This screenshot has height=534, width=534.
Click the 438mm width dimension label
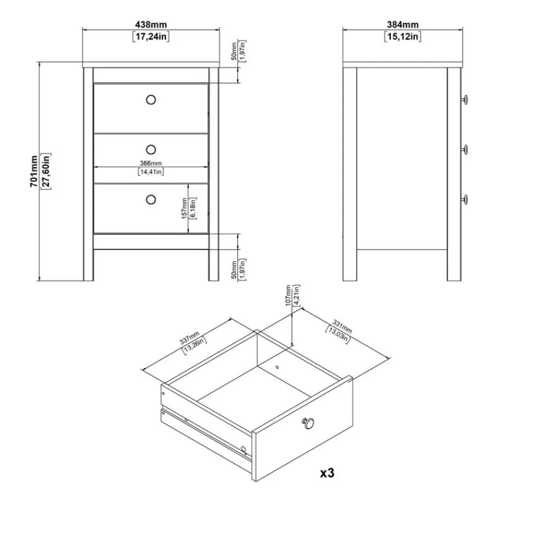coord(151,25)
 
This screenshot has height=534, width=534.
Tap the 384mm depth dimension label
coord(403,25)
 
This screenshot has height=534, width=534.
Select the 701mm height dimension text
coord(34,171)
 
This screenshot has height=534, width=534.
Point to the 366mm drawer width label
coord(151,164)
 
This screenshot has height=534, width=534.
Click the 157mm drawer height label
coord(184,208)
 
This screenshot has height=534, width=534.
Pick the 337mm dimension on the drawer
coord(190,338)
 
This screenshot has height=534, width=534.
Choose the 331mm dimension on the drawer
coord(342,326)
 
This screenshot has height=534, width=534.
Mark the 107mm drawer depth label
coord(288,296)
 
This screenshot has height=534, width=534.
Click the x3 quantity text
coord(327,473)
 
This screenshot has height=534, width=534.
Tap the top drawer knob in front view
coord(151,99)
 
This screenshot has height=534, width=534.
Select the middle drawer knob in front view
coord(151,150)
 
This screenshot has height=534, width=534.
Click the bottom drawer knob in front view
coord(151,200)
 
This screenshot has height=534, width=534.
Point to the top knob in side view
coord(465,99)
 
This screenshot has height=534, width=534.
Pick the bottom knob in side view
coord(465,200)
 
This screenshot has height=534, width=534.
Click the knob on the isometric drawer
coord(309,423)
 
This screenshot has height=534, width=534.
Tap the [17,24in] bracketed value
coord(151,37)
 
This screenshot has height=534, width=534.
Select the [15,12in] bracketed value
coord(403,37)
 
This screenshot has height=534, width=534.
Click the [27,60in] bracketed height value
coord(46,171)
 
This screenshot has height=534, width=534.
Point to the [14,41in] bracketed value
coord(151,172)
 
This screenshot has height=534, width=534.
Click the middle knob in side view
coord(465,150)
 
